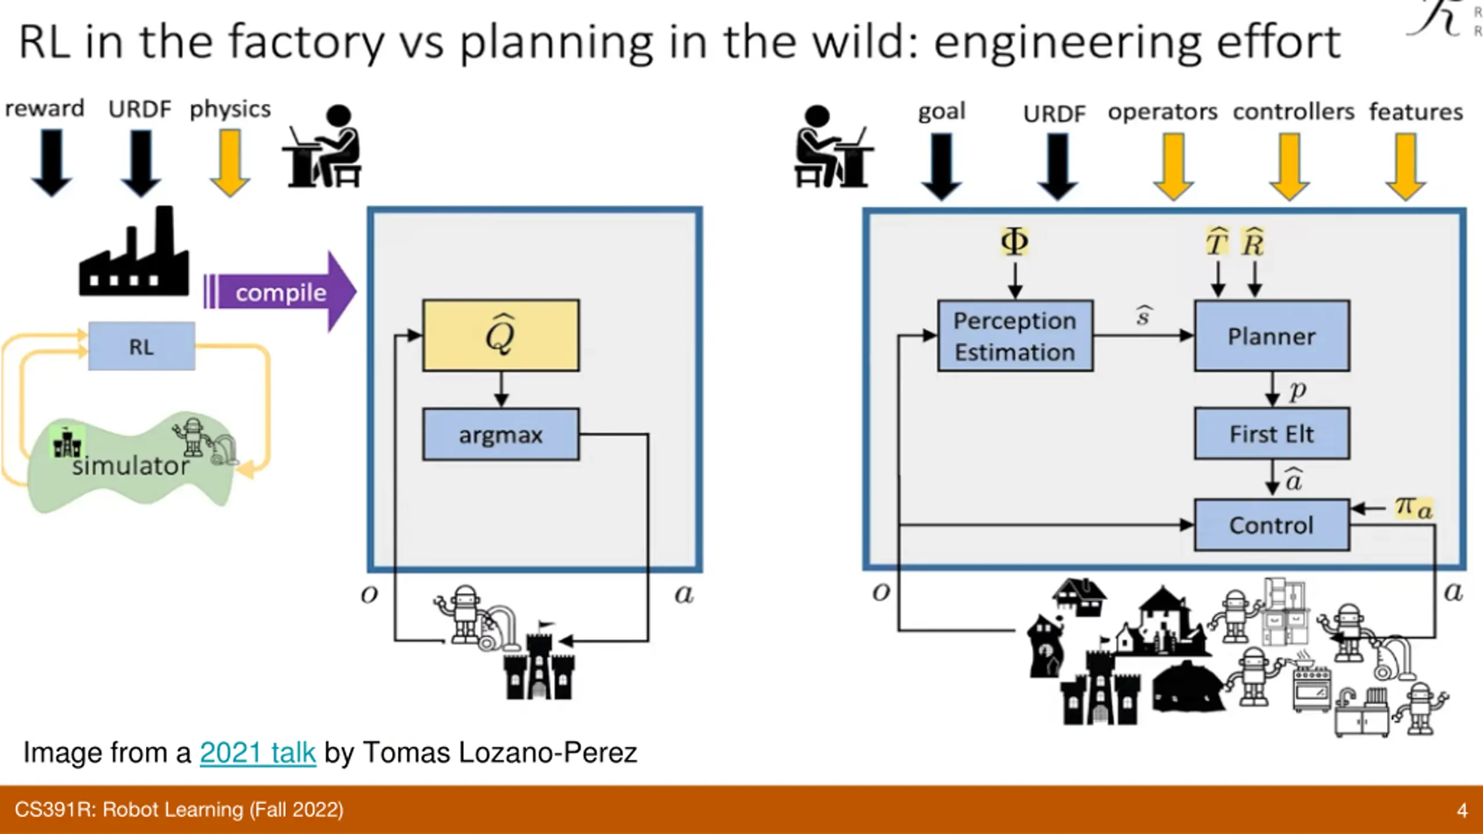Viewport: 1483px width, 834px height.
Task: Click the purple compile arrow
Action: [281, 292]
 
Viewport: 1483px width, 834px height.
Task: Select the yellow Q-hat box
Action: [501, 335]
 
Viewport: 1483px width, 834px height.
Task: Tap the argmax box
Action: [501, 434]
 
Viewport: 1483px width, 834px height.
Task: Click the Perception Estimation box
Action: [1015, 336]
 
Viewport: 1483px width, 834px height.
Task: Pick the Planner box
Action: [1272, 336]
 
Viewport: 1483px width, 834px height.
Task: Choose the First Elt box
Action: [1272, 434]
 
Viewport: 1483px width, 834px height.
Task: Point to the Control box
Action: [1272, 525]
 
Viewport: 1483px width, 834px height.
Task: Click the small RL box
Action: [141, 346]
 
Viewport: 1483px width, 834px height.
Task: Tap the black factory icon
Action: [134, 255]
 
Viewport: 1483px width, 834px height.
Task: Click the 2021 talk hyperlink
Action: [258, 753]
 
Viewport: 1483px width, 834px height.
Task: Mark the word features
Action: [1416, 112]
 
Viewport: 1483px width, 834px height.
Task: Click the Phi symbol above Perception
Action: [1014, 242]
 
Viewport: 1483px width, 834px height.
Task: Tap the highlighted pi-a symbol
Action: [1413, 508]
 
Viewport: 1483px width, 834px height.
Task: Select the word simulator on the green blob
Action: [131, 466]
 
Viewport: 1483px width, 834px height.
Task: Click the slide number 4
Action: [1462, 810]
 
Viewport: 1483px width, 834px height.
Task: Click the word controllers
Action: [1293, 112]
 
